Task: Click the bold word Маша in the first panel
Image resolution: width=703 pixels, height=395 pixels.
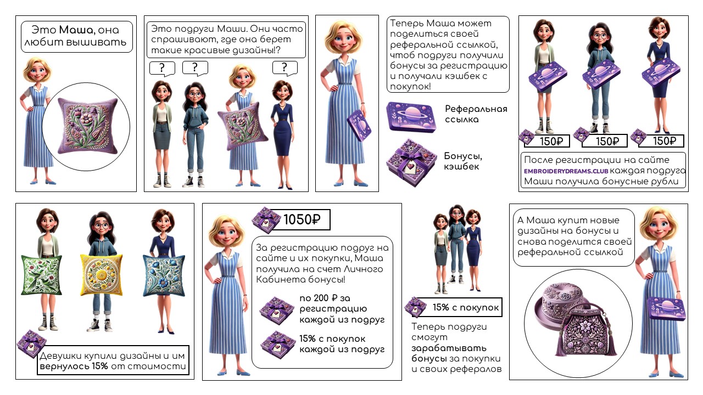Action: coord(76,30)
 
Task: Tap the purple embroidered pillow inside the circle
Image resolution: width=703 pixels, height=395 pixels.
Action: coord(88,126)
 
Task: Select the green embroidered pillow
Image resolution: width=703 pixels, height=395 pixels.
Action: coord(41,275)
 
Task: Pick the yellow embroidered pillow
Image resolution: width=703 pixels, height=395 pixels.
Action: coord(101,275)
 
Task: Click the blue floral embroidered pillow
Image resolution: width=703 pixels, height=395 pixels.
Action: coord(164,275)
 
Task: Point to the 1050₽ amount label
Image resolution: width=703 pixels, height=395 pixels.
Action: coord(302,219)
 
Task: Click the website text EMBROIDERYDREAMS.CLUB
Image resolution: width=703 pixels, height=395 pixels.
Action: coord(566,171)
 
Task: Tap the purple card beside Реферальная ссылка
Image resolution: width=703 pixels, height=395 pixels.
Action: coord(411,117)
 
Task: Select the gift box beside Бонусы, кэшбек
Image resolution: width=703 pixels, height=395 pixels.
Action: coord(411,162)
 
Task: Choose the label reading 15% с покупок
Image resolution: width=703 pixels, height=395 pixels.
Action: coord(465,307)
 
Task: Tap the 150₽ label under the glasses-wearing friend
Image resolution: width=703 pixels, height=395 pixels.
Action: coord(607,141)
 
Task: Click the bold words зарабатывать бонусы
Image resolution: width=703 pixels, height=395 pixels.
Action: coord(449,353)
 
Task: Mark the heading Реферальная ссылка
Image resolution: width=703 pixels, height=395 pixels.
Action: coord(476,114)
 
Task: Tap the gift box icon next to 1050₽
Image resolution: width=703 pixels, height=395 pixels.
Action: coord(266,220)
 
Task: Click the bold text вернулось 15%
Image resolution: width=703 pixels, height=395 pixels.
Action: coord(74,366)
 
